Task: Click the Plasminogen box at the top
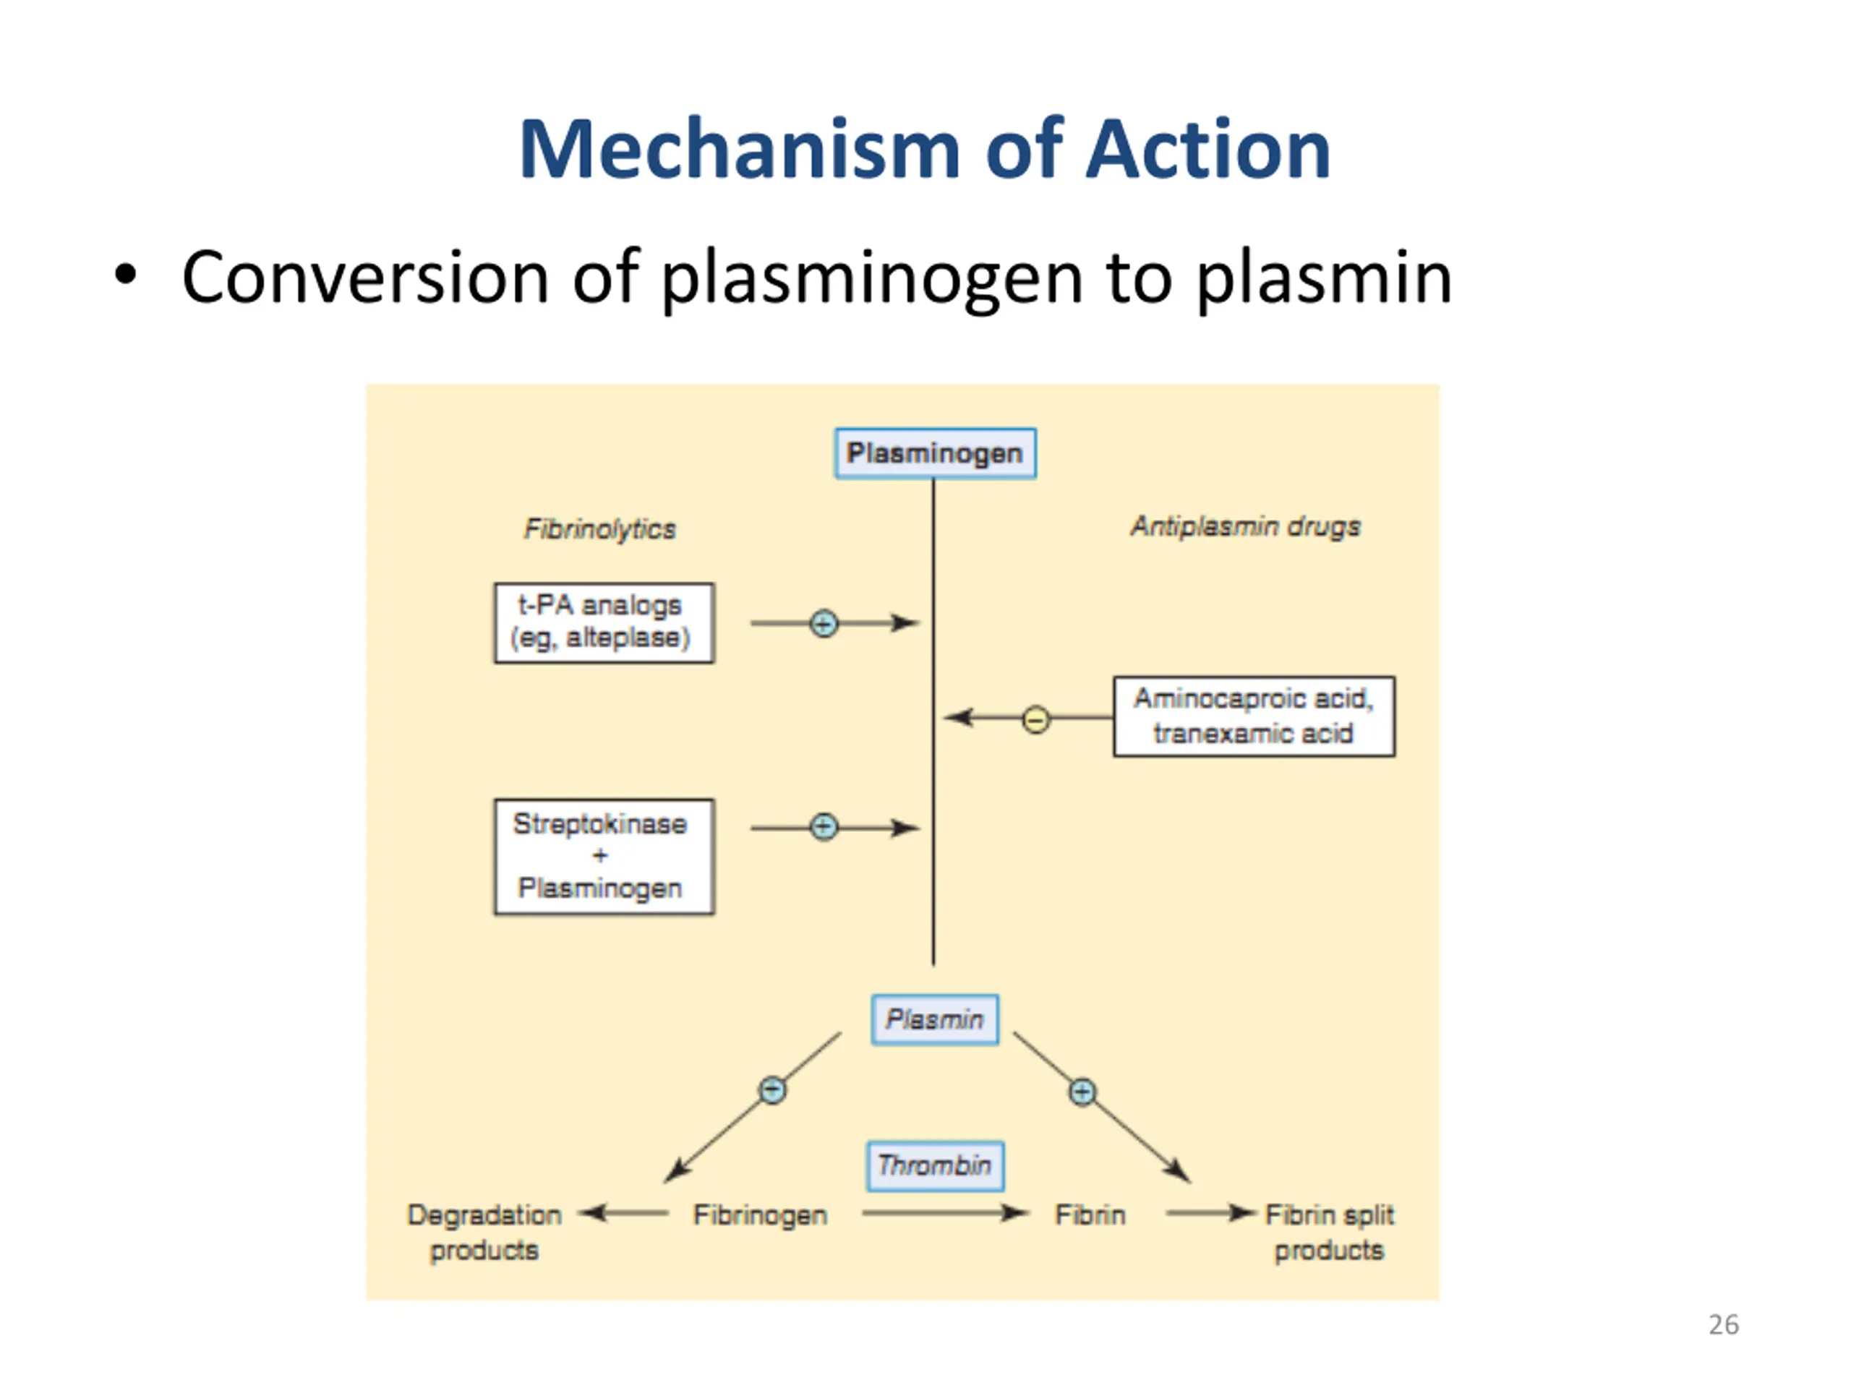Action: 935,453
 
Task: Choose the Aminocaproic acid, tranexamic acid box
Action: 1253,717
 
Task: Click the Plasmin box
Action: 935,1019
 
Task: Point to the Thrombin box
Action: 935,1165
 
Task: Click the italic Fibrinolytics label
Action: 599,528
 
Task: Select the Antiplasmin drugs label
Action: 1245,526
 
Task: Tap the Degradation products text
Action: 484,1233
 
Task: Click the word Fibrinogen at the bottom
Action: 760,1214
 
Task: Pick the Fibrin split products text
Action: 1329,1233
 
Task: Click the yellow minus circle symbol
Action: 1035,719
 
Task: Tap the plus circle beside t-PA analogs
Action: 824,623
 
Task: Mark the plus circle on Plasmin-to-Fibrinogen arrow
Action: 771,1090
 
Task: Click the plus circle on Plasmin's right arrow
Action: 1082,1092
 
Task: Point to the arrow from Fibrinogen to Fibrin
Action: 944,1213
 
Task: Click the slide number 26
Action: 1723,1325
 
